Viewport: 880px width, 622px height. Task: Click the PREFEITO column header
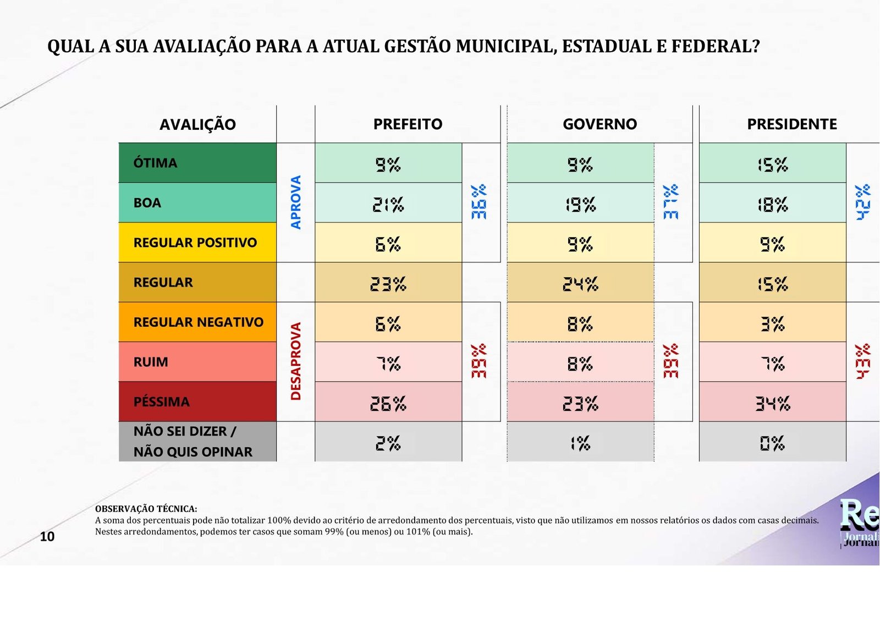click(408, 124)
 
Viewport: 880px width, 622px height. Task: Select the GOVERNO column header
click(599, 124)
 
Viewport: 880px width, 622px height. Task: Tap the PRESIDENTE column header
click(791, 124)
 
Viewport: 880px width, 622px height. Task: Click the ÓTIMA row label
click(155, 163)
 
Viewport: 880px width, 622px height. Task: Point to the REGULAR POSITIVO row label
click(195, 243)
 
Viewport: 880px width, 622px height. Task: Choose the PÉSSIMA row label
click(161, 402)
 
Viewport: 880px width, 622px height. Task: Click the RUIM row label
click(151, 362)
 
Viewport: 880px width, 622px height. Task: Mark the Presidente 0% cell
click(772, 443)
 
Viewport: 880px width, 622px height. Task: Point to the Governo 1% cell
click(580, 443)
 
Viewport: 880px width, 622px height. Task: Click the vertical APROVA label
click(296, 202)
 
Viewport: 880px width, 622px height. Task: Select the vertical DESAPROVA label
click(296, 361)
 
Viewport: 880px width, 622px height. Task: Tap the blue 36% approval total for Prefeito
click(479, 202)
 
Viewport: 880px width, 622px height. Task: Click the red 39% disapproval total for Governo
click(671, 361)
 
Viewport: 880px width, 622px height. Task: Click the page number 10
click(47, 537)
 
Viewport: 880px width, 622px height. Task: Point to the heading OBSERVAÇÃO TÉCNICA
click(146, 509)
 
